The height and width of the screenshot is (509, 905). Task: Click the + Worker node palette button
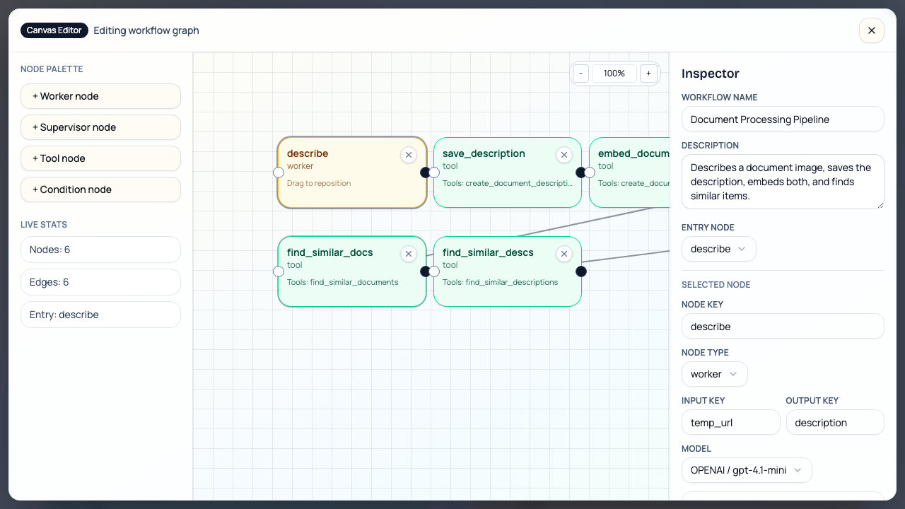(x=100, y=96)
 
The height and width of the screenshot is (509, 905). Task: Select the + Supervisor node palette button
(x=100, y=127)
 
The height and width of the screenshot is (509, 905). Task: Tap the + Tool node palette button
(x=100, y=158)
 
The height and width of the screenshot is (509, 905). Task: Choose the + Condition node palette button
(x=100, y=189)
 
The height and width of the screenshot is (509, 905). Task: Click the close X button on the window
(x=871, y=30)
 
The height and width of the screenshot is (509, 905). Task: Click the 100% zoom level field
(x=614, y=74)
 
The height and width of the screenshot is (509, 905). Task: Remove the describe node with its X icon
(x=408, y=155)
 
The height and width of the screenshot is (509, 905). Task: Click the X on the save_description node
(x=564, y=155)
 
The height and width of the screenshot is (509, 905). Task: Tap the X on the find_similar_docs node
(x=408, y=254)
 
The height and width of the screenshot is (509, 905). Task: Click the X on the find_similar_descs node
(x=564, y=254)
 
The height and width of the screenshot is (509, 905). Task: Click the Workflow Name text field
(x=782, y=119)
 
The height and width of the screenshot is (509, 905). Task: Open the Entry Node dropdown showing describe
(x=718, y=249)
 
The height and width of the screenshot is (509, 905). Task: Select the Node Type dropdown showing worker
(x=714, y=374)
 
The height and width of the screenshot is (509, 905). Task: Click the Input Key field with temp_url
(x=730, y=423)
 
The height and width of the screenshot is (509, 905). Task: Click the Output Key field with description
(x=834, y=423)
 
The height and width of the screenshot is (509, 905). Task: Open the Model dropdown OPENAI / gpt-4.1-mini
(x=746, y=470)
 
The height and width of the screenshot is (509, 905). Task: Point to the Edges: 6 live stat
(x=100, y=282)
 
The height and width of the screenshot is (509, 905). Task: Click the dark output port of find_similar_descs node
(x=581, y=271)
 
